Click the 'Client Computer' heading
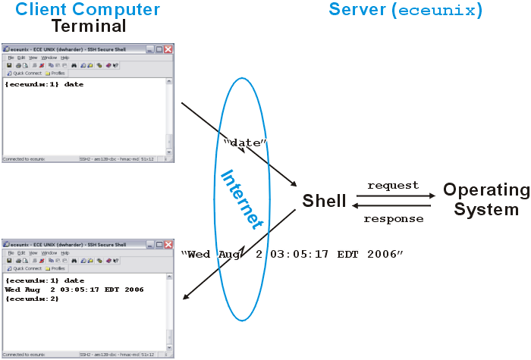tap(88, 10)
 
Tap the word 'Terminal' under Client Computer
tap(89, 27)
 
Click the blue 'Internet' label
tap(241, 199)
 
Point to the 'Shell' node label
tap(324, 201)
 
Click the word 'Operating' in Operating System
tap(486, 189)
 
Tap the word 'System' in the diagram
tap(486, 209)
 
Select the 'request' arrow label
tap(392, 185)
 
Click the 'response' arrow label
tap(392, 219)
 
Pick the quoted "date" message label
tap(246, 142)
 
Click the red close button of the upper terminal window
tap(168, 49)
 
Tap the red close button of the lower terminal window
tap(168, 244)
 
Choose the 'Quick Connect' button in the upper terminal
tap(24, 74)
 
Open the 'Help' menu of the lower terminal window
tap(65, 252)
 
